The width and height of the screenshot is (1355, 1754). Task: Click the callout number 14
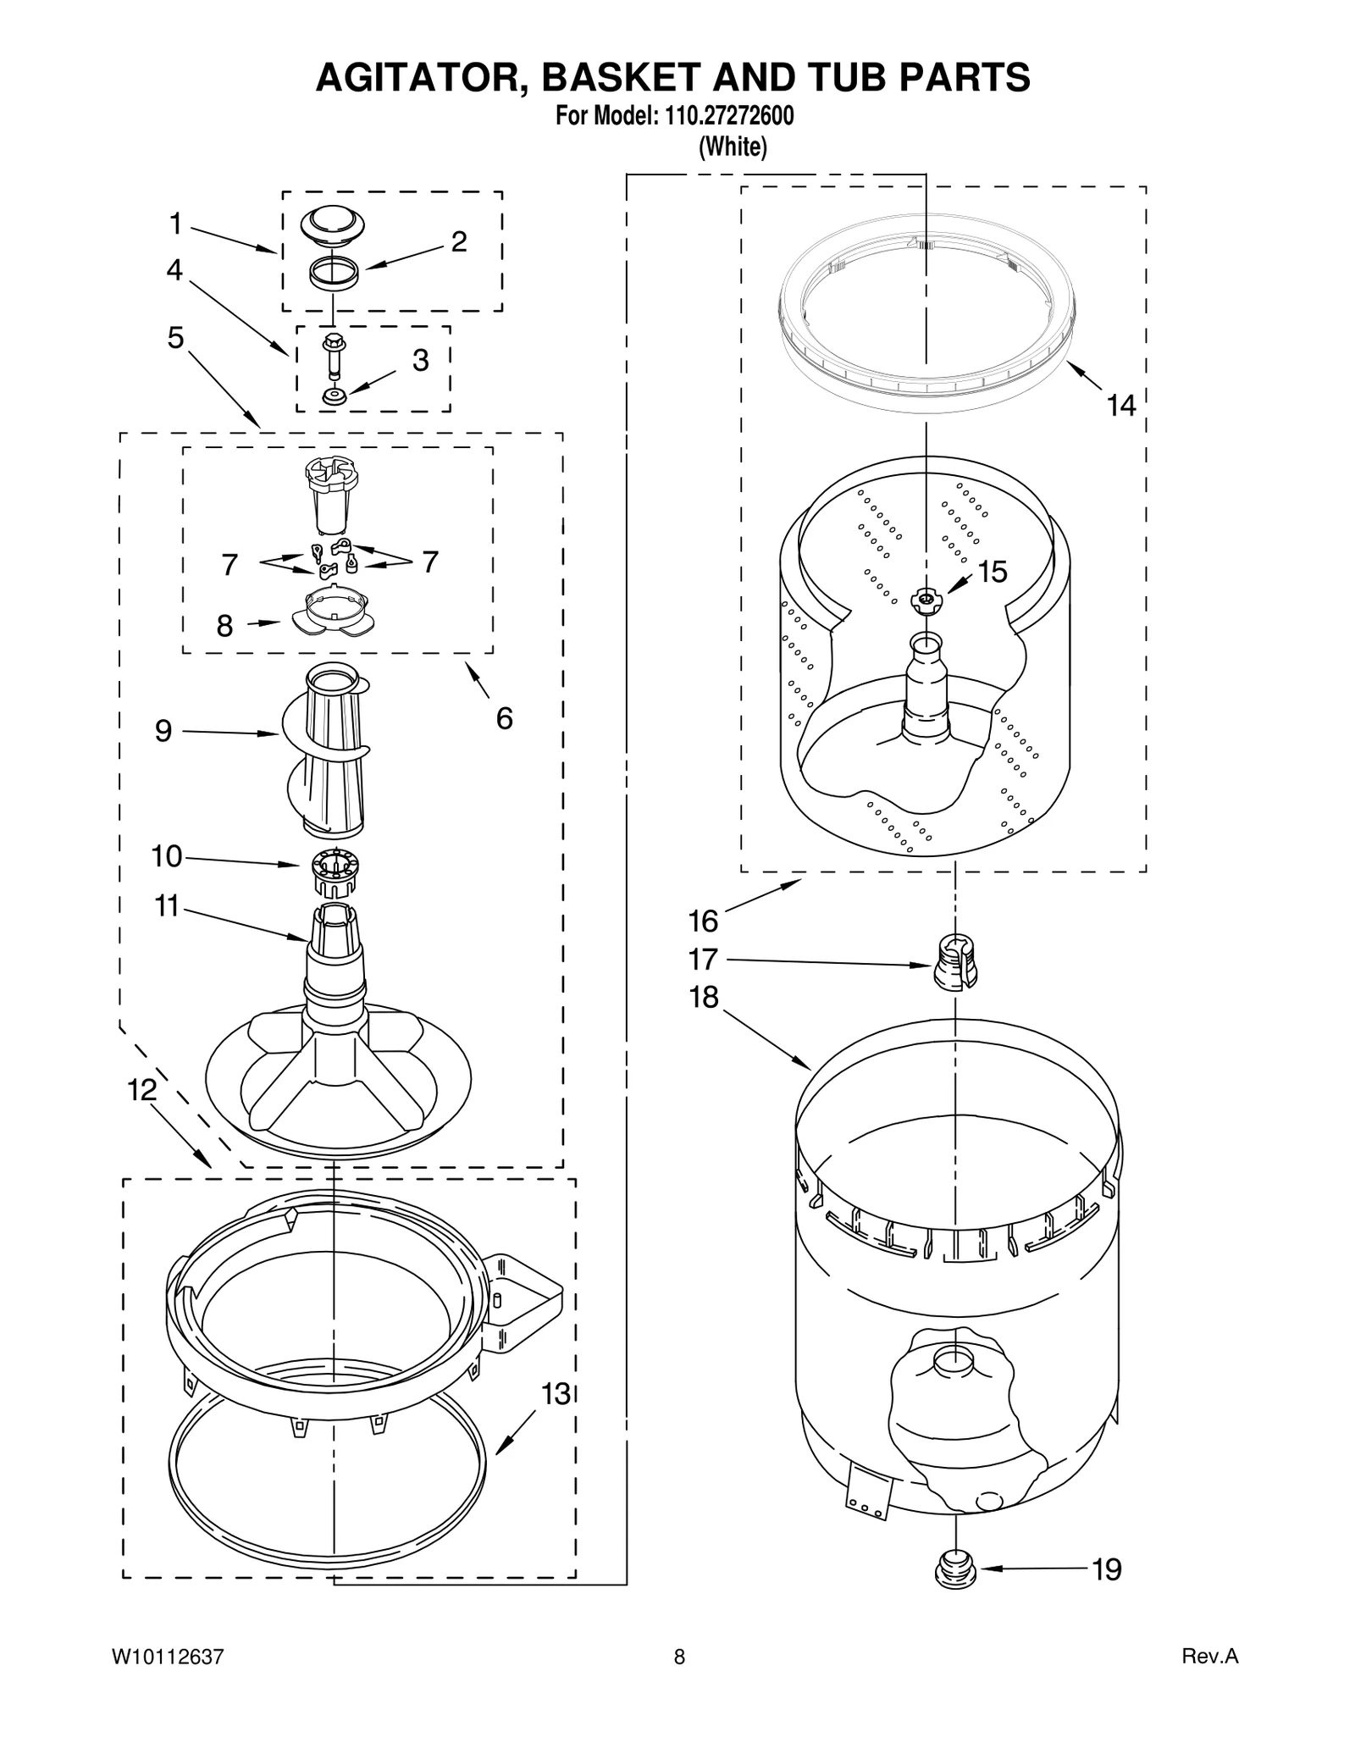pyautogui.click(x=1121, y=406)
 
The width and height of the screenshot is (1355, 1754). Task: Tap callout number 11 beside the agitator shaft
pyautogui.click(x=167, y=906)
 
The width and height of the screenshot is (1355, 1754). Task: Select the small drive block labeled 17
pyautogui.click(x=955, y=961)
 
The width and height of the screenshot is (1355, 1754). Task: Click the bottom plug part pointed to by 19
pyautogui.click(x=954, y=1569)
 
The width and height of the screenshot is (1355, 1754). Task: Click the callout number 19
pyautogui.click(x=1107, y=1569)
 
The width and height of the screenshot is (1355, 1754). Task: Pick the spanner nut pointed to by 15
pyautogui.click(x=925, y=600)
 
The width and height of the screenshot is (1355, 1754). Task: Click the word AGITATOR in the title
pyautogui.click(x=421, y=77)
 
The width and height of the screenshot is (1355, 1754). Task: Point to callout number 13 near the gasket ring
pyautogui.click(x=556, y=1393)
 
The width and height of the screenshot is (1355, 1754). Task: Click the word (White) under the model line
pyautogui.click(x=733, y=147)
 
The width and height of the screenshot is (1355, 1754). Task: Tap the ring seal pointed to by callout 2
pyautogui.click(x=335, y=275)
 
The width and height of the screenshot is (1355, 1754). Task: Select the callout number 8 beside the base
pyautogui.click(x=224, y=626)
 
